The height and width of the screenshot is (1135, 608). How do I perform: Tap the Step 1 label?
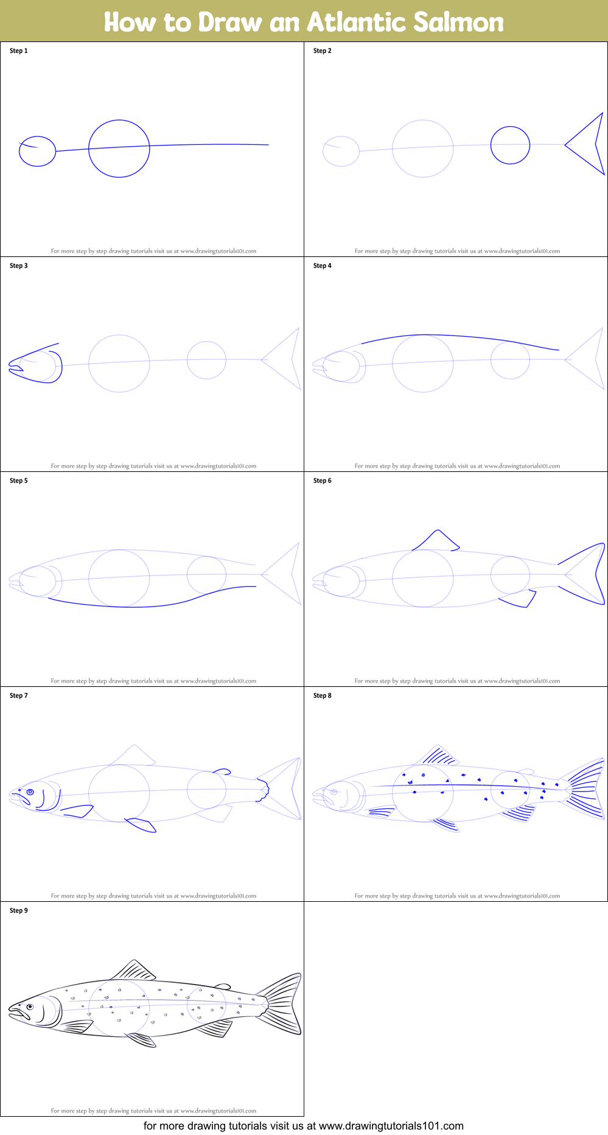point(19,51)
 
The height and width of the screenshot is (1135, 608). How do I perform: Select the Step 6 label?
point(323,480)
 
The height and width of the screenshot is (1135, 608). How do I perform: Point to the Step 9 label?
point(19,910)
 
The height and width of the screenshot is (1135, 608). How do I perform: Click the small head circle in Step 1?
point(37,151)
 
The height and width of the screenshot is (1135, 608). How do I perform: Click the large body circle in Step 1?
point(119,149)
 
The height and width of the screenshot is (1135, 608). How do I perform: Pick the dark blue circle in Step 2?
point(510,145)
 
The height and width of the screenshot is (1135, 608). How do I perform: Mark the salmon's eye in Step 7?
point(30,792)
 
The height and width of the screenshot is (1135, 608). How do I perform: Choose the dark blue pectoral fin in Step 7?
point(78,810)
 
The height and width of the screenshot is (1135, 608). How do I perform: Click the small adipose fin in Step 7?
point(222,771)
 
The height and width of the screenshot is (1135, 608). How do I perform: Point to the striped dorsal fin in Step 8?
point(438,756)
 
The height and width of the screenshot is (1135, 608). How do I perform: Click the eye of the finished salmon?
point(30,1007)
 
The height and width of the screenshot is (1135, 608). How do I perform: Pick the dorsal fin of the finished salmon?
point(134,971)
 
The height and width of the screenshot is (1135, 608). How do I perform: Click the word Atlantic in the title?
point(356,23)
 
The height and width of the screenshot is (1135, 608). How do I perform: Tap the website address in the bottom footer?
point(391,1126)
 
